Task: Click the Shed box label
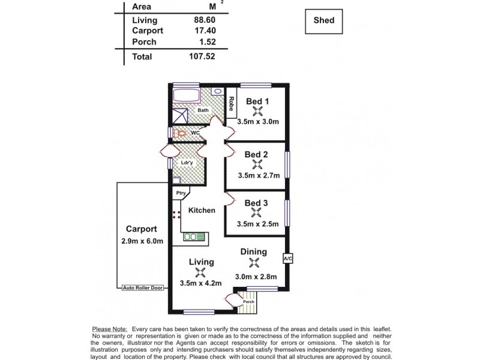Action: (x=323, y=20)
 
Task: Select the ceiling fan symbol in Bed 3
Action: (x=257, y=213)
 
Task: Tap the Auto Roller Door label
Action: (x=142, y=288)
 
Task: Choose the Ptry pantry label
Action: (x=180, y=193)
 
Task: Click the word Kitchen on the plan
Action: (x=202, y=211)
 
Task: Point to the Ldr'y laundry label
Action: (x=187, y=163)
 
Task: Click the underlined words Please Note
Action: (x=109, y=329)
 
